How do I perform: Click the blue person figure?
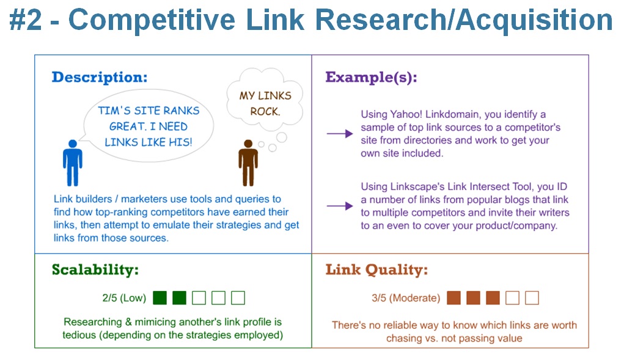click(x=72, y=163)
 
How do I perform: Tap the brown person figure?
click(x=248, y=163)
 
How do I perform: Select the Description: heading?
click(x=100, y=78)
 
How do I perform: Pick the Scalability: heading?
click(x=95, y=270)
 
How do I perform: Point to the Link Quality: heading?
click(x=376, y=270)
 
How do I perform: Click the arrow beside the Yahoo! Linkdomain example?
click(x=340, y=134)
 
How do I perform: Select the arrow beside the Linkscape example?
click(x=340, y=206)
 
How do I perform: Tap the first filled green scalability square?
click(x=160, y=298)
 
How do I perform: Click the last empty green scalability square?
click(x=238, y=298)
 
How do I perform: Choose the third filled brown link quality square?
click(x=493, y=298)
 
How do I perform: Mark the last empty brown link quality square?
click(x=532, y=298)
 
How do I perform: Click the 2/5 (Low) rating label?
click(x=124, y=298)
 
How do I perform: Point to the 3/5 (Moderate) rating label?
click(x=405, y=298)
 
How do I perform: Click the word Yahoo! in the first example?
click(x=405, y=115)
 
